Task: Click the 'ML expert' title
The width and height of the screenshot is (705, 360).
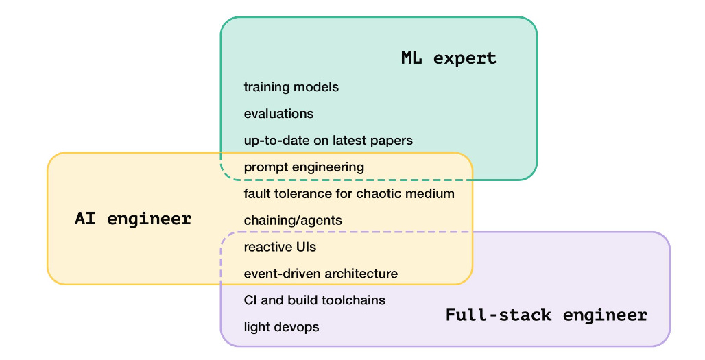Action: (x=449, y=58)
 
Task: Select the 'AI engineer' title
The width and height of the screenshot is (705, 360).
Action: (x=133, y=219)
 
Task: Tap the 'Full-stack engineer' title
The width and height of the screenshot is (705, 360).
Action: (x=546, y=315)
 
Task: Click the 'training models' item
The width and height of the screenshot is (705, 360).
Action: (x=291, y=87)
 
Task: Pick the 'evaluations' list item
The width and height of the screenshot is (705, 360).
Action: (x=278, y=114)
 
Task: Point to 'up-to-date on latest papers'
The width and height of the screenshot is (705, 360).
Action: (x=328, y=141)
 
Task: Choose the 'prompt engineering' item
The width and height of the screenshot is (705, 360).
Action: (x=304, y=167)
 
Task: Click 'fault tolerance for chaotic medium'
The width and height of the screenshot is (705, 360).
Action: (x=349, y=194)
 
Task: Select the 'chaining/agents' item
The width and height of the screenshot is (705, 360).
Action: (x=293, y=221)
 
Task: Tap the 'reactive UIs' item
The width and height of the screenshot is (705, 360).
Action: (x=280, y=247)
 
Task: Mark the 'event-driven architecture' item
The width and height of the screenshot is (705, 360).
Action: (x=320, y=274)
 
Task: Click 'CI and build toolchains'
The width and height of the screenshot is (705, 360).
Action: (x=314, y=300)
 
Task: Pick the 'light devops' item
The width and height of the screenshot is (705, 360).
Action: (x=281, y=327)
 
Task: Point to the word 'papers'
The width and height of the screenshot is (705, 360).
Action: (x=393, y=141)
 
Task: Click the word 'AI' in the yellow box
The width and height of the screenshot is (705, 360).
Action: (x=85, y=219)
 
